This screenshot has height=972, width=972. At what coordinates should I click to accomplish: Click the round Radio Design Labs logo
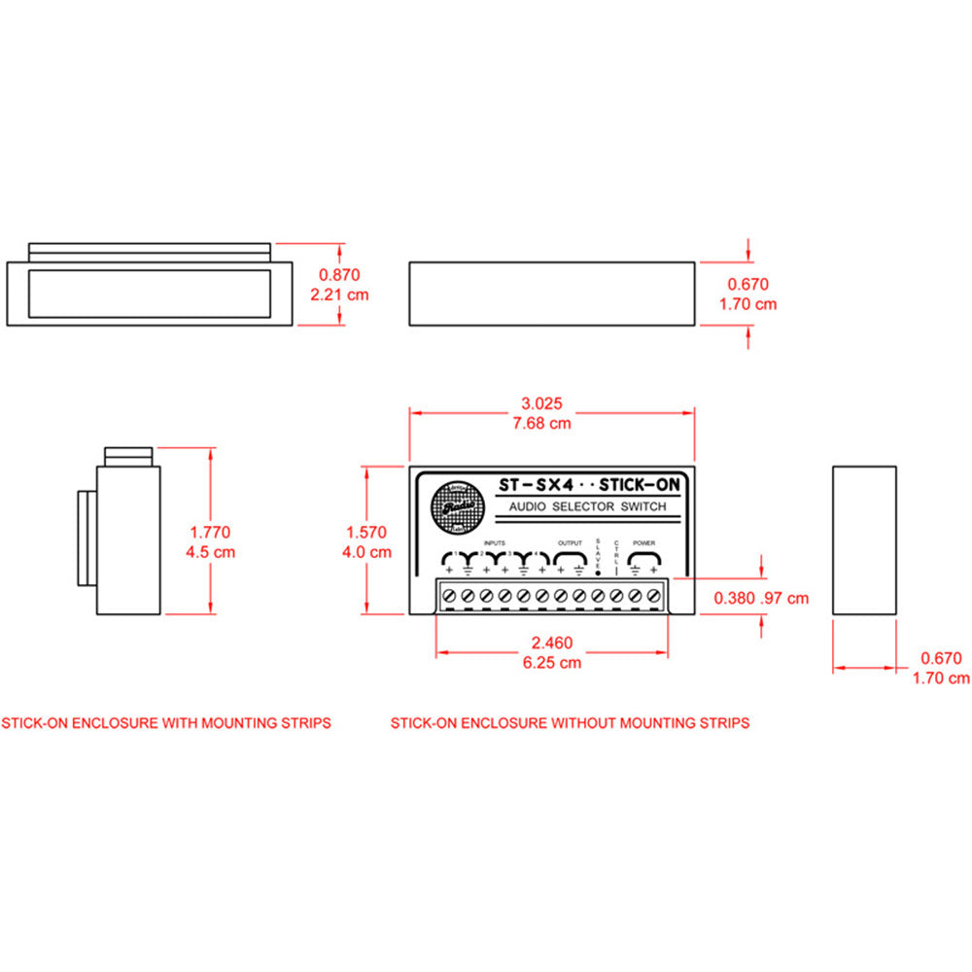[453, 506]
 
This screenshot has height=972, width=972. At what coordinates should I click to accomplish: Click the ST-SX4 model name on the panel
[533, 483]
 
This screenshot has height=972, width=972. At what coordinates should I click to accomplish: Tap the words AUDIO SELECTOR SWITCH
[588, 507]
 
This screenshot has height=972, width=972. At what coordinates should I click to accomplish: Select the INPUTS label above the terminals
[494, 542]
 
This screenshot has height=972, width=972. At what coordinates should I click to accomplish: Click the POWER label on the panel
[644, 542]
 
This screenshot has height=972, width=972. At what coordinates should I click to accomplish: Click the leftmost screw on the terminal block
[449, 594]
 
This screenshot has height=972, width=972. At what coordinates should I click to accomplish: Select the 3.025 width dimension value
[542, 403]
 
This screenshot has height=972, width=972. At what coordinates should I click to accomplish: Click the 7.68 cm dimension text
[542, 423]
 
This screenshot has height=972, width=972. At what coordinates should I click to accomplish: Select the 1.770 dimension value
[210, 533]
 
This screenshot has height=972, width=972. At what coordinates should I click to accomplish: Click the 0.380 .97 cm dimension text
[761, 599]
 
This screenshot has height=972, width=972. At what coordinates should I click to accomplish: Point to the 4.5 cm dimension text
[210, 552]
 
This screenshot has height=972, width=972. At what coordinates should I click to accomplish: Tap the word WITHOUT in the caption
[583, 723]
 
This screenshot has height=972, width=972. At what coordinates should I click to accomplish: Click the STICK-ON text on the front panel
[639, 483]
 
